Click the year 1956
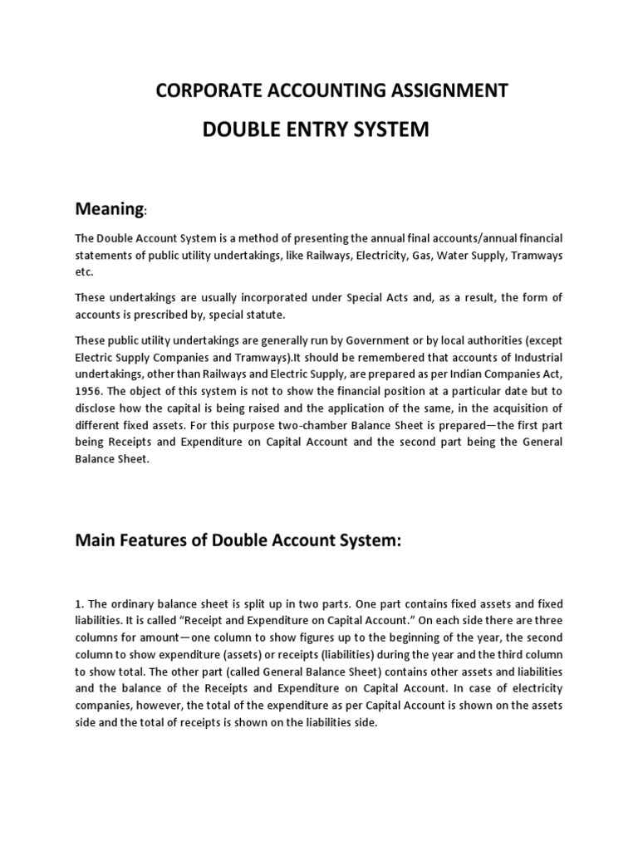[x=87, y=390]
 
